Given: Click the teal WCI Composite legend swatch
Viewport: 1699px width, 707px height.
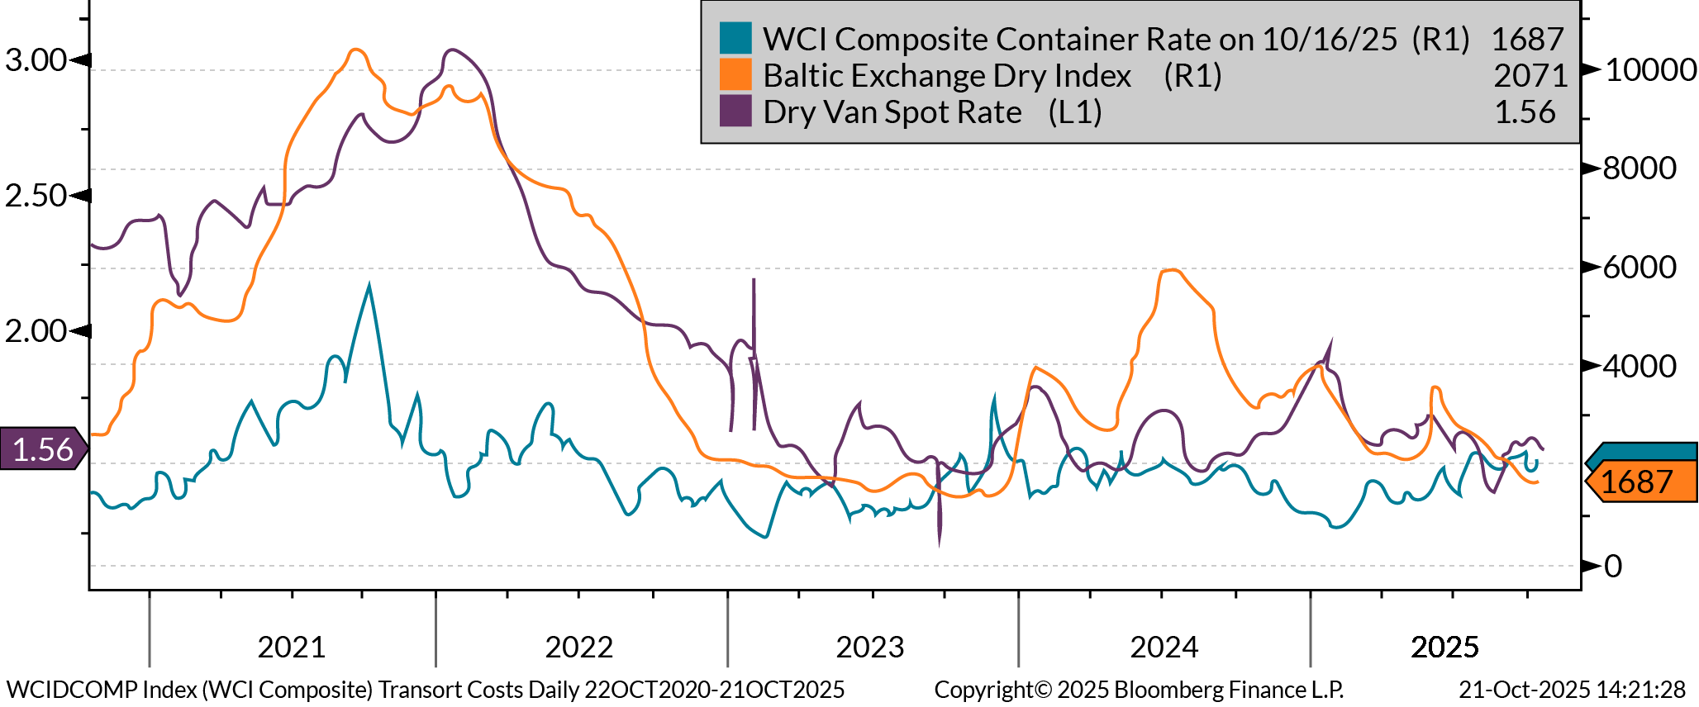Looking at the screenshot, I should [735, 38].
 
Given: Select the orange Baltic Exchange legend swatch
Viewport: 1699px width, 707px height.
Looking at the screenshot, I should [735, 74].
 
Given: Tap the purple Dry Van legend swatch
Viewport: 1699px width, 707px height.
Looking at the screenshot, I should [735, 111].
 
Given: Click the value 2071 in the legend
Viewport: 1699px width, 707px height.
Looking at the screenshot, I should [1530, 75].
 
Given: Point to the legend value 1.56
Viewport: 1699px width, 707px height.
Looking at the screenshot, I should [1525, 112].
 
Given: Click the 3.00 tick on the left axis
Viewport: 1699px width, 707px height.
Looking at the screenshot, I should [36, 60].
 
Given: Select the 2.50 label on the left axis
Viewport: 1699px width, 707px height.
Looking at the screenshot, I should [36, 196].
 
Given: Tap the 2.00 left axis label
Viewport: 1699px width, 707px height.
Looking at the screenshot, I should [36, 331].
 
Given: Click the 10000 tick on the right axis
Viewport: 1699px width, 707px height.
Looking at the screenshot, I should [1649, 69].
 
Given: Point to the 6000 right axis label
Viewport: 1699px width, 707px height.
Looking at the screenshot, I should [1640, 268].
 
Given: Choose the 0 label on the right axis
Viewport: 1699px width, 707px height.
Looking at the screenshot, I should [1612, 567].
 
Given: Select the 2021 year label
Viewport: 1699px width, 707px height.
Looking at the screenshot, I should [292, 647].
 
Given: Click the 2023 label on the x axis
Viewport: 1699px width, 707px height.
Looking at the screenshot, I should [870, 647].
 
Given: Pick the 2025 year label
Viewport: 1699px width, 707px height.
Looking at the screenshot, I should [1444, 647].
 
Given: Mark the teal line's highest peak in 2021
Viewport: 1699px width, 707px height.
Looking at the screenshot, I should [369, 285].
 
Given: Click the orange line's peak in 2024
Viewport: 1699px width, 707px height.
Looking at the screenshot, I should [1172, 270].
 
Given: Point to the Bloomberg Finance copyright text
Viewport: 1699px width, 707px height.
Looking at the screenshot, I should [1139, 690].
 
